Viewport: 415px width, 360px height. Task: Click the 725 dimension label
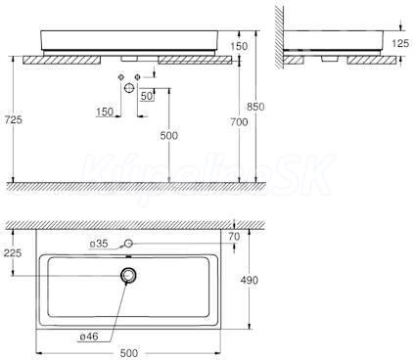[14, 120]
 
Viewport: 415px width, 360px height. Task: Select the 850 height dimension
[255, 107]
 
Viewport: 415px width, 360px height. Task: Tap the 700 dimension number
[239, 122]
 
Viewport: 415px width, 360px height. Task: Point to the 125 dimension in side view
[399, 43]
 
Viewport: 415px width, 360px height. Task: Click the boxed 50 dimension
[147, 96]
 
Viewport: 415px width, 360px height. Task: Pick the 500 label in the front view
[169, 136]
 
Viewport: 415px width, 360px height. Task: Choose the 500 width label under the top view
[129, 353]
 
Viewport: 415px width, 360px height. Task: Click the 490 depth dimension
[250, 280]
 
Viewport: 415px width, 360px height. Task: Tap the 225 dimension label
[13, 252]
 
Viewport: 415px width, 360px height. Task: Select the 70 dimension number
[234, 237]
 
